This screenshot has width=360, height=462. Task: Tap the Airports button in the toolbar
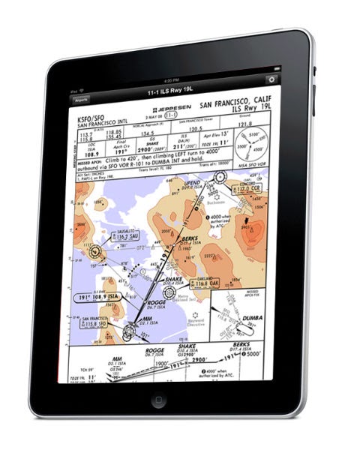[x=80, y=98]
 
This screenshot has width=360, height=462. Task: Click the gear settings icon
[x=271, y=79]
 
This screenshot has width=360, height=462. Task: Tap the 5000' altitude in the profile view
[x=259, y=352]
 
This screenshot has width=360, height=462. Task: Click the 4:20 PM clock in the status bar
[x=171, y=79]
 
